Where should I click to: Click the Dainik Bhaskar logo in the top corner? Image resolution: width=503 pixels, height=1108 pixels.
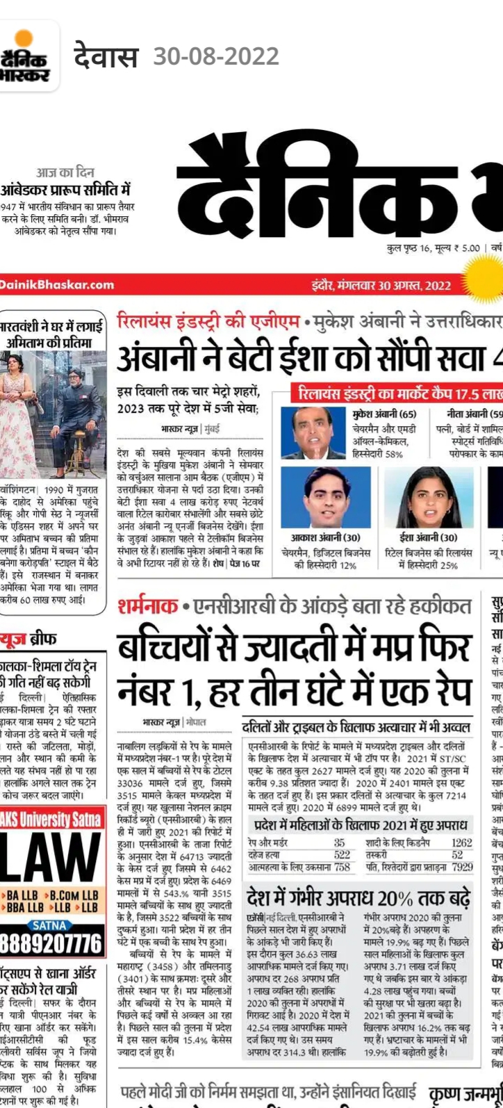click(28, 56)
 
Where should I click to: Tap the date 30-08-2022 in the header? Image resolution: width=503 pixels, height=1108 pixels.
click(216, 56)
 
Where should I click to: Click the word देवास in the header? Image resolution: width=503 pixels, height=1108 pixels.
click(106, 56)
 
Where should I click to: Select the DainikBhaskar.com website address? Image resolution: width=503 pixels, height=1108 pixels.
click(57, 284)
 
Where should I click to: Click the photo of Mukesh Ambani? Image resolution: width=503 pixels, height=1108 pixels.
click(313, 432)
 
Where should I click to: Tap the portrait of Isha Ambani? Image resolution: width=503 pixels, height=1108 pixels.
click(429, 496)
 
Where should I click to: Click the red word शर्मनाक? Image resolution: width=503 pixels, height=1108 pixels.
click(147, 607)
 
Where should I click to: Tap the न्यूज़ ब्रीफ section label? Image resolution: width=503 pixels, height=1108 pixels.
click(28, 639)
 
